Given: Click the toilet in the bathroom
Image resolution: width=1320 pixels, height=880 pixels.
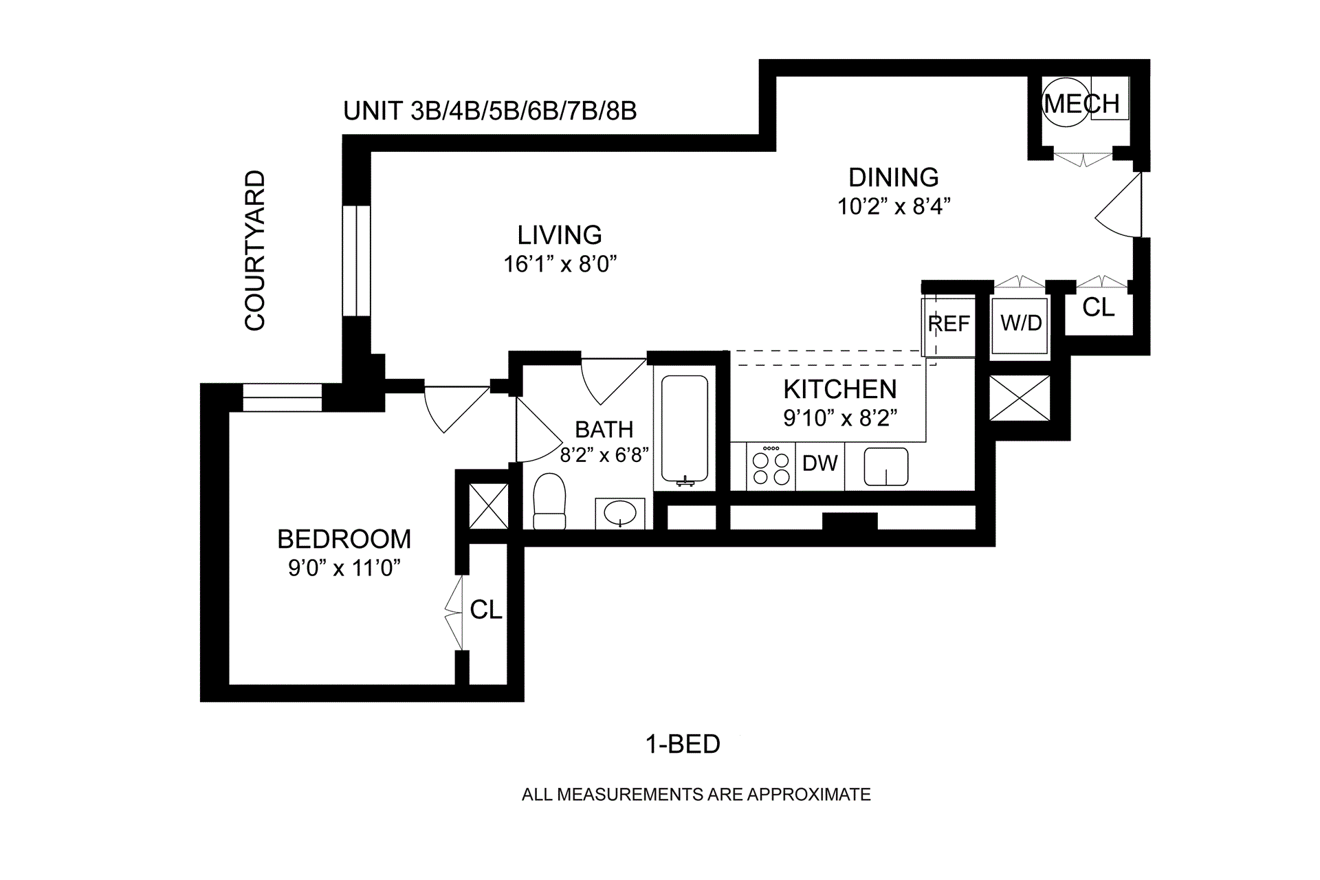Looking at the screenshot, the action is click(549, 501).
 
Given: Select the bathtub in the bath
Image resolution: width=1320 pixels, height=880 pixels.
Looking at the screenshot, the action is click(684, 430).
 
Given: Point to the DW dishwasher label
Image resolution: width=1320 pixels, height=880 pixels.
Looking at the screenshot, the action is click(820, 463).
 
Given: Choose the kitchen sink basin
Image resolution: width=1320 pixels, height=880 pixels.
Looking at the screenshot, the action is click(886, 467).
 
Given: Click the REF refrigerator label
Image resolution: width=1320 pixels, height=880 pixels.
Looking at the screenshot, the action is click(949, 323).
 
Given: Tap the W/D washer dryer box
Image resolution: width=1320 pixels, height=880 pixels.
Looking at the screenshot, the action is click(1020, 326).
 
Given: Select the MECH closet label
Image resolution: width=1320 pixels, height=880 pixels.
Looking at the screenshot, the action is click(1082, 104).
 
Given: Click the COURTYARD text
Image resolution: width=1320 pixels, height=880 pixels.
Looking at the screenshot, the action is click(255, 250).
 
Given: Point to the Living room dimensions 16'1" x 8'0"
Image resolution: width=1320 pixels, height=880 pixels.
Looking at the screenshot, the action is click(560, 264).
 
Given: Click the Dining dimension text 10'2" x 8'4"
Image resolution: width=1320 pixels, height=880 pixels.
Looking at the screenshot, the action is click(894, 206).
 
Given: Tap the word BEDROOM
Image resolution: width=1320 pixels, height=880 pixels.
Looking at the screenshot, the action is click(344, 539).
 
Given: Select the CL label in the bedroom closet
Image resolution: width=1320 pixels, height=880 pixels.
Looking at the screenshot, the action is click(486, 610).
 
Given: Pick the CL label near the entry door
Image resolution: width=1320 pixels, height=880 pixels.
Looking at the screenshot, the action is click(1098, 307).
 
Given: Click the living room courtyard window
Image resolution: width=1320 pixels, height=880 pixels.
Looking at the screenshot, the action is click(357, 261).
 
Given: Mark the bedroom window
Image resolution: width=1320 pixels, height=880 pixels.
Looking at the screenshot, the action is click(282, 398).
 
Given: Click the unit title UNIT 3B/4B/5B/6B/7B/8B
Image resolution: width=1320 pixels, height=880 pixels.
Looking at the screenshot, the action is click(490, 111).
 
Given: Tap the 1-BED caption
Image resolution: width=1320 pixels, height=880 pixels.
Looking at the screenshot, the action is click(683, 744).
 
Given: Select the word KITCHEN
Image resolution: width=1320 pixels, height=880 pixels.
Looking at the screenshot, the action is click(840, 390).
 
